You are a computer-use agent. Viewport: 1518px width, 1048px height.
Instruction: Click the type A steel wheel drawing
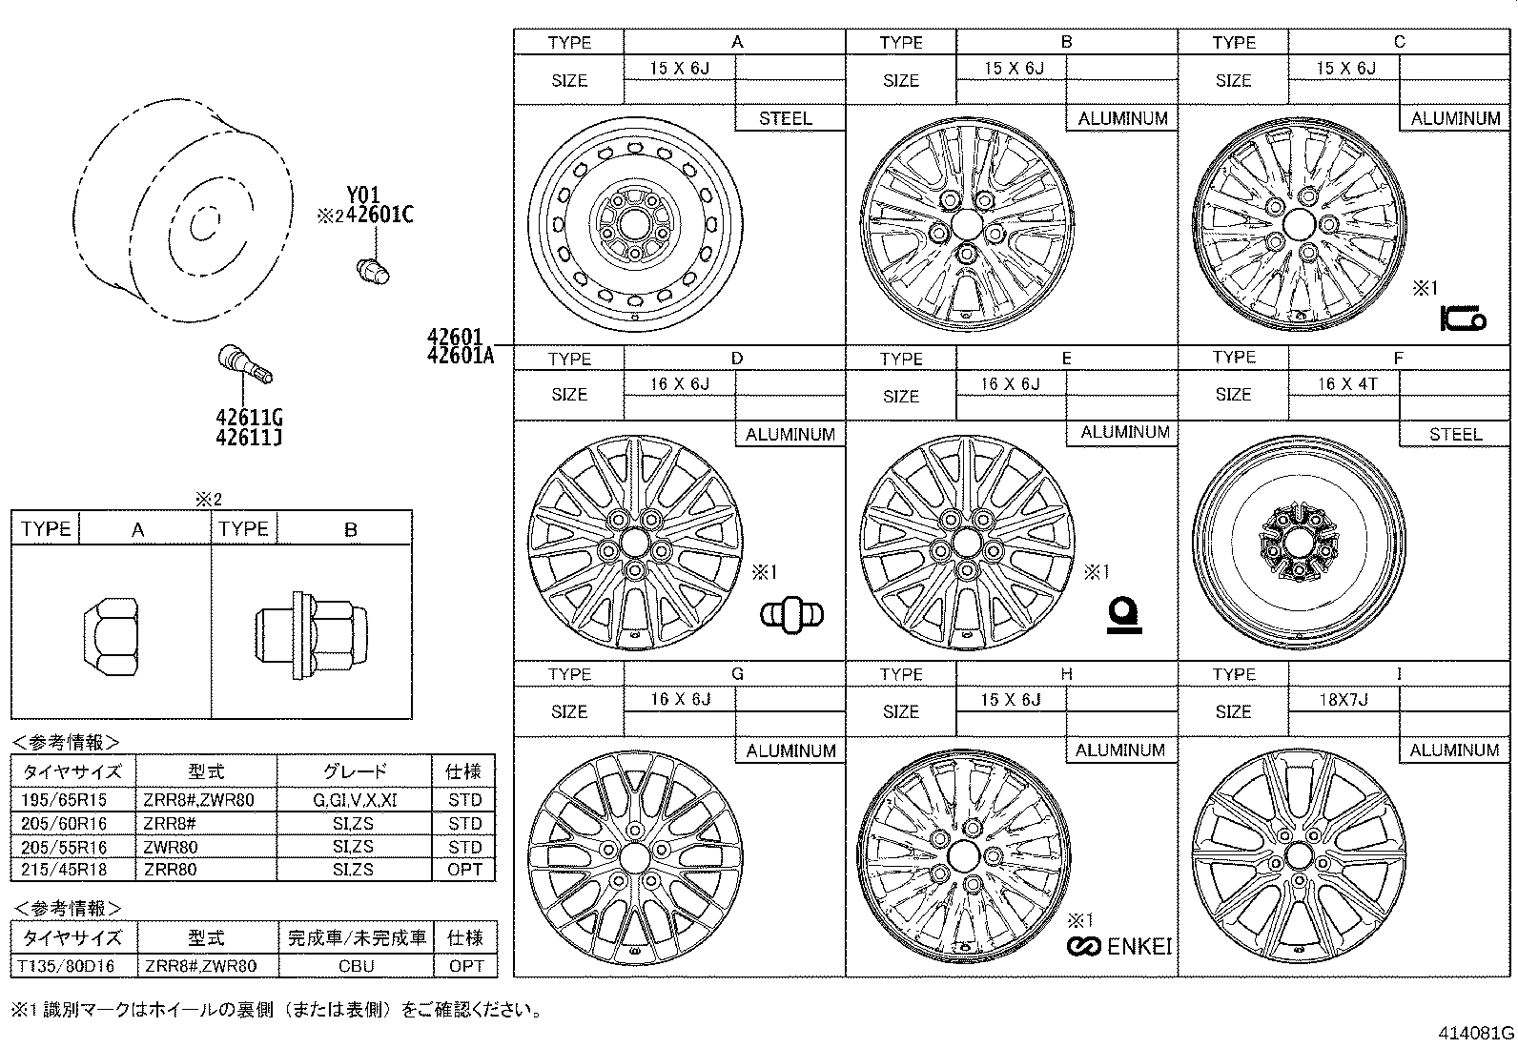[634, 225]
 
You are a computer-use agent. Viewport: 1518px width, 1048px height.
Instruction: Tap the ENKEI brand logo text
[1138, 946]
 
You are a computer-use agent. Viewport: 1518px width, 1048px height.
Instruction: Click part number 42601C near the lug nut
[379, 215]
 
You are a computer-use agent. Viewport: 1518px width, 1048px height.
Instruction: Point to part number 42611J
[248, 438]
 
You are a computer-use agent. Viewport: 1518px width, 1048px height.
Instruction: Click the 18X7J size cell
[1344, 699]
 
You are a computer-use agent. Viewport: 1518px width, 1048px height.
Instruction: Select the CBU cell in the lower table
[357, 966]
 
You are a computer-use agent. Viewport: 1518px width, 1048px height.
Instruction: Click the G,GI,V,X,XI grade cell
[355, 800]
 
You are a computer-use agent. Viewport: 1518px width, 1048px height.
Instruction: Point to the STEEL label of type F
[1455, 435]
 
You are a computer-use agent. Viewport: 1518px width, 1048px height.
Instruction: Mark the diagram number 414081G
[1477, 1033]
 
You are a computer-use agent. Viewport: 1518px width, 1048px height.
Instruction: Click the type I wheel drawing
[1297, 857]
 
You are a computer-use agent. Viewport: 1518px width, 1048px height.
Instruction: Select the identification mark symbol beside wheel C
[1462, 319]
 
